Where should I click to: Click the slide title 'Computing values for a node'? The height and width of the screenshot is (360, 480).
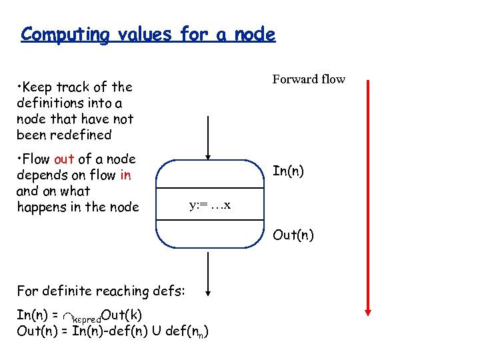(147, 34)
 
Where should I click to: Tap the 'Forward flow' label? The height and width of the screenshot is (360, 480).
(309, 79)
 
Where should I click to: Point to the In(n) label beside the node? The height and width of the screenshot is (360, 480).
(289, 171)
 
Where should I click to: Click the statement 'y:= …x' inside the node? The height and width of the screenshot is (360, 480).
(210, 205)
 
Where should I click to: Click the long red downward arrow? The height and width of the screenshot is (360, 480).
(367, 200)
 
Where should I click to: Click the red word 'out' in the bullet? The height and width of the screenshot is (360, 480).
(64, 159)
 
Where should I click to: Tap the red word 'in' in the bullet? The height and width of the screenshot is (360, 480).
(125, 175)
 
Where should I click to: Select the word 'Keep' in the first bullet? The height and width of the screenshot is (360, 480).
(39, 87)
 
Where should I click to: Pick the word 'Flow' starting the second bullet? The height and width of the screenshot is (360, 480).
(36, 159)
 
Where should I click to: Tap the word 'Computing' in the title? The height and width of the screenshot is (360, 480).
(64, 34)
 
